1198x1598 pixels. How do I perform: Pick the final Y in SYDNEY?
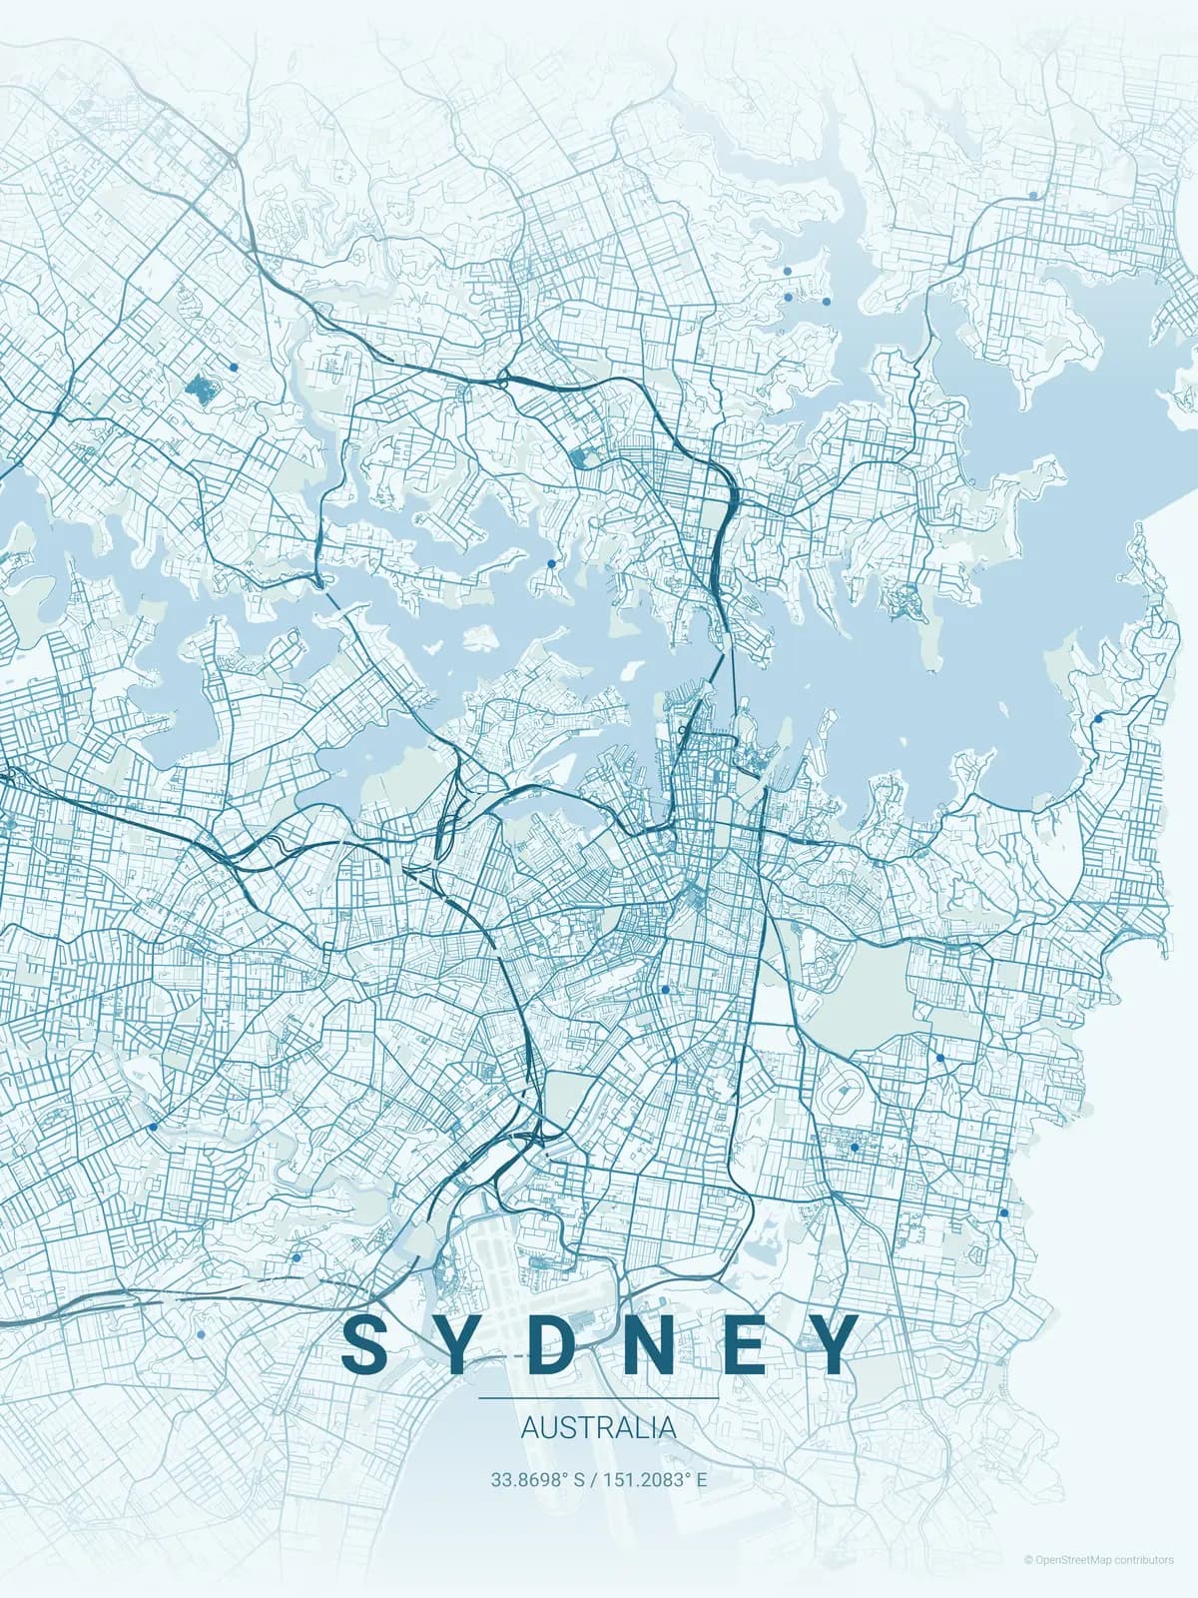pos(831,1343)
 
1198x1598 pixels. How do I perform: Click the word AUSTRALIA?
pos(598,1428)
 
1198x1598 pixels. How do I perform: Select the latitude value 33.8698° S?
pos(536,1479)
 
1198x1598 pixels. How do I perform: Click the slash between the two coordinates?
pos(593,1479)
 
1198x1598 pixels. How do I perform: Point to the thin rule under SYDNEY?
pos(598,1398)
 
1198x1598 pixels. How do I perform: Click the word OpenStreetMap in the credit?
pos(1072,1559)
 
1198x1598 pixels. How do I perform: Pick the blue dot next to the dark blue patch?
pos(233,367)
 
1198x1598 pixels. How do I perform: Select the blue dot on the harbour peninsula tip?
pos(551,563)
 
